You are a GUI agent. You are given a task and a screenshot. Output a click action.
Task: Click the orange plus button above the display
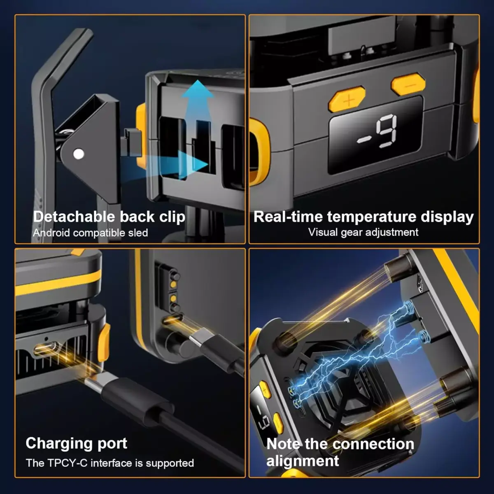[347, 100]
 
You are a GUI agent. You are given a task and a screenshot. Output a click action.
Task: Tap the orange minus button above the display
[408, 84]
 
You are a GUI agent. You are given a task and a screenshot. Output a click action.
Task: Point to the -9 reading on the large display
[377, 131]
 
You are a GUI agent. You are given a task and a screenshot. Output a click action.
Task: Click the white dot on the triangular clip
[79, 154]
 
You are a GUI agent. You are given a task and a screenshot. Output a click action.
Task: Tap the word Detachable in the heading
[74, 217]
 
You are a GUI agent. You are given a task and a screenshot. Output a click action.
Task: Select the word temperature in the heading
[372, 217]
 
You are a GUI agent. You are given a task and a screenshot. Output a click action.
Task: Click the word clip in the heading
[172, 217]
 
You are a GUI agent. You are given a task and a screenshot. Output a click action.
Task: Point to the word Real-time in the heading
[288, 217]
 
